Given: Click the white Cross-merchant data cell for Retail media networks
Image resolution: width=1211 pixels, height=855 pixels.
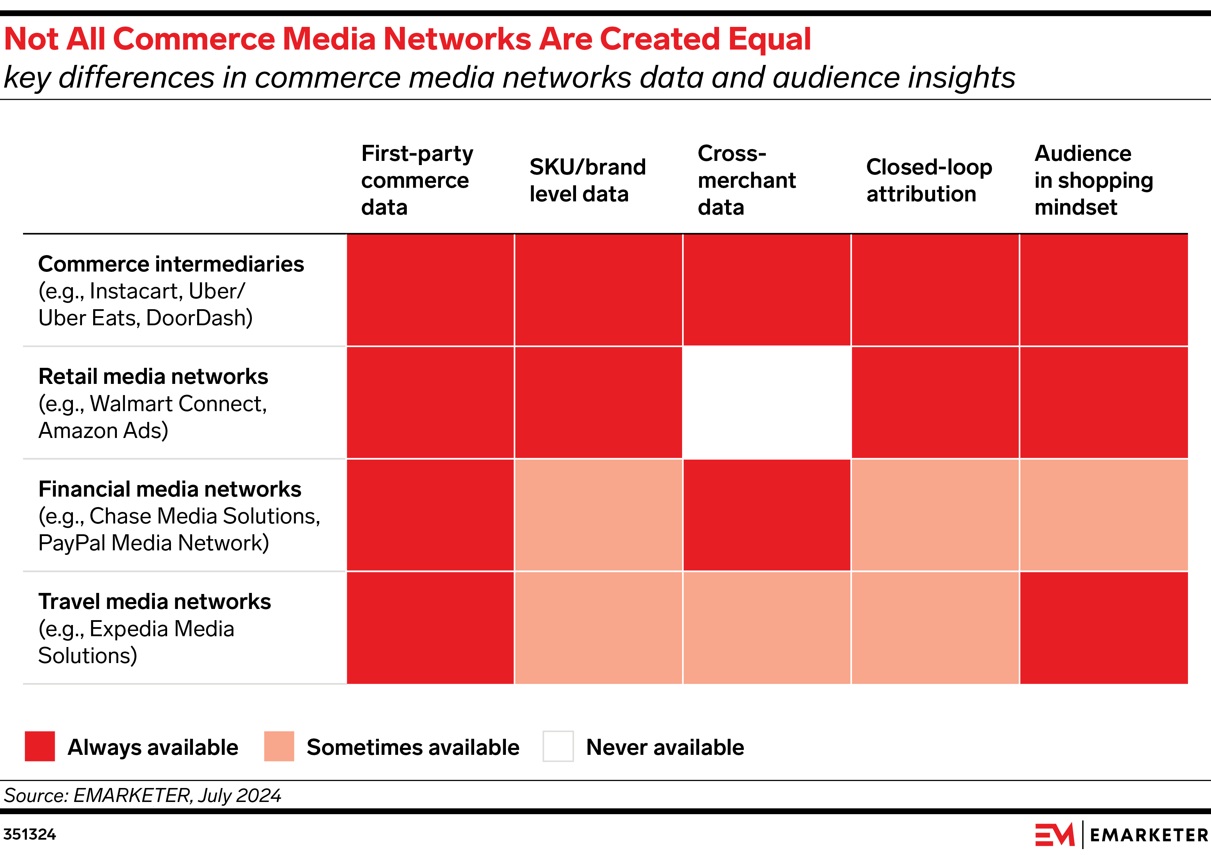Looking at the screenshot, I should [767, 402].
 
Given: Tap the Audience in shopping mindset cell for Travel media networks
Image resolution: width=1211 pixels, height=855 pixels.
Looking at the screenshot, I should [1104, 628].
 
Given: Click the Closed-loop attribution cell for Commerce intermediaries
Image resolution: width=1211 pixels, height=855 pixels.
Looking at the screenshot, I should [935, 290].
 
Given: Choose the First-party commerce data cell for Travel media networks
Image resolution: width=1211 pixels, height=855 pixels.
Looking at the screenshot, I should [430, 628].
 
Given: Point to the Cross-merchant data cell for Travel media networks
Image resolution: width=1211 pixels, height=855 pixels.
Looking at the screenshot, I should [767, 628].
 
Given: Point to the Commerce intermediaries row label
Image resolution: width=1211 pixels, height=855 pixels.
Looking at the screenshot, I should [171, 264].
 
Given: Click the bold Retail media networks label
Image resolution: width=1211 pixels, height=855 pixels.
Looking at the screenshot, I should [153, 377].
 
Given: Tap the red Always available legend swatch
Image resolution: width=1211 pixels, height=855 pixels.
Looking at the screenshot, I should [39, 746].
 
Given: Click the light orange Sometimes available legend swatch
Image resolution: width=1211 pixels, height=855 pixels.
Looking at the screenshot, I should [278, 746].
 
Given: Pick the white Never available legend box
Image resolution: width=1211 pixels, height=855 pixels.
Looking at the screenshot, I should [558, 746].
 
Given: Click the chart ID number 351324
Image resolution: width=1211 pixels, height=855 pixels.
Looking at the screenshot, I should [30, 834].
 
